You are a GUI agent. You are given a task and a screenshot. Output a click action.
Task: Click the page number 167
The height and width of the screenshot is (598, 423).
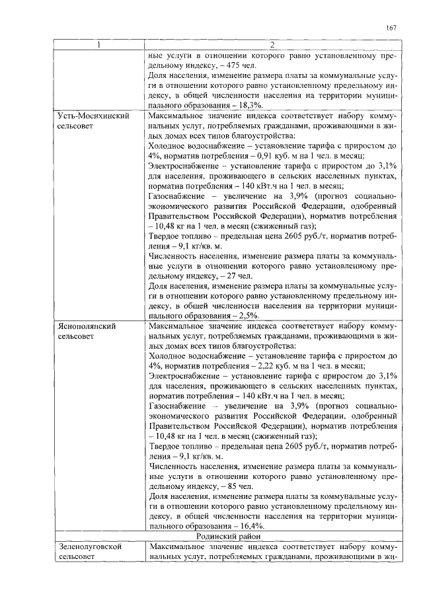391,28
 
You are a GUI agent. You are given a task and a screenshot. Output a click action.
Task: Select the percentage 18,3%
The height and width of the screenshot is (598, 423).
250,105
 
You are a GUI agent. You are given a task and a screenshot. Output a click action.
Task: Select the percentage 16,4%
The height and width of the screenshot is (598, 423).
250,526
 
